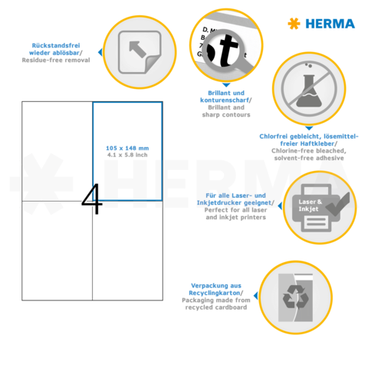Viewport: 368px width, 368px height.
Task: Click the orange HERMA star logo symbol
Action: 293,24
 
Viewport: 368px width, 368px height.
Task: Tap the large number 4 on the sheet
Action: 91,199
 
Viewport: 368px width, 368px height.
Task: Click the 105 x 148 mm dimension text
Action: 127,148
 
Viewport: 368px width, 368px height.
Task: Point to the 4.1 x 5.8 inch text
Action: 127,155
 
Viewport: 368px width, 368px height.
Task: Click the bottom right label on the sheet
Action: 127,249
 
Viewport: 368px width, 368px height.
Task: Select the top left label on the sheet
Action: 57,151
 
